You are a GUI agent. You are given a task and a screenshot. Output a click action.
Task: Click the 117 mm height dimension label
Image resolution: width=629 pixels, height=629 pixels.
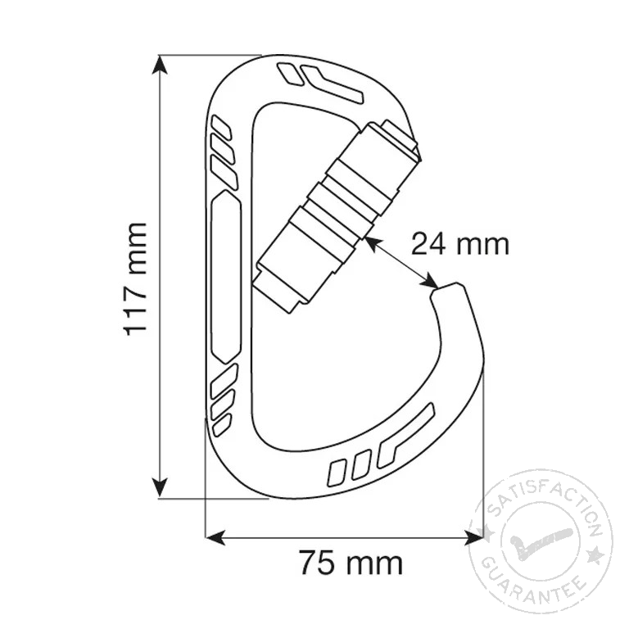click(x=135, y=277)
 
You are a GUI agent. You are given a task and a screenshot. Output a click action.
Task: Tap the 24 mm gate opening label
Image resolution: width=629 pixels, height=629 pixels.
click(x=459, y=243)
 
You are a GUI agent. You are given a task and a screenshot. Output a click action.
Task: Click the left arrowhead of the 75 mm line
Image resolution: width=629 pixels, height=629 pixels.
click(x=213, y=537)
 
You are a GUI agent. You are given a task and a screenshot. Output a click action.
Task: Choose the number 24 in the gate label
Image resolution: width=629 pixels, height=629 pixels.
click(x=428, y=243)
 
